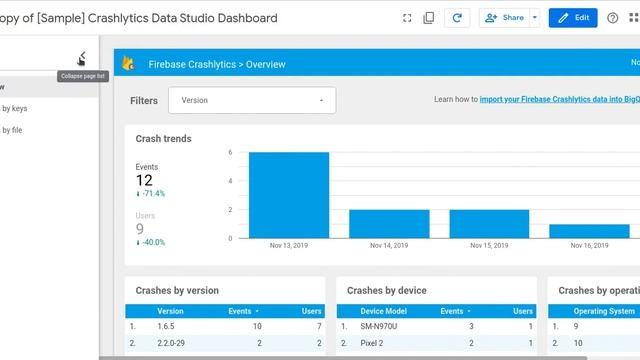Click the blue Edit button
pyautogui.click(x=573, y=18)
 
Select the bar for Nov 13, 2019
pyautogui.click(x=289, y=195)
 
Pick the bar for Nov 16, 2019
pyautogui.click(x=589, y=231)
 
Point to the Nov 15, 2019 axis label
pyautogui.click(x=489, y=245)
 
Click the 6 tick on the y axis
pyautogui.click(x=230, y=153)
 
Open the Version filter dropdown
pyautogui.click(x=252, y=100)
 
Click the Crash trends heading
pyautogui.click(x=163, y=139)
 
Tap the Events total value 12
pyautogui.click(x=144, y=181)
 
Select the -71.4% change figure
pyautogui.click(x=152, y=193)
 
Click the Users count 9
pyautogui.click(x=140, y=230)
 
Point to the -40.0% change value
pyautogui.click(x=152, y=242)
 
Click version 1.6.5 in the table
pyautogui.click(x=167, y=326)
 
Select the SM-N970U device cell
pyautogui.click(x=379, y=326)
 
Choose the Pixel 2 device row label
pyautogui.click(x=372, y=342)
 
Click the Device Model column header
pyautogui.click(x=384, y=311)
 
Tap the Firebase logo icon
pyautogui.click(x=128, y=64)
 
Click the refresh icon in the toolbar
pyautogui.click(x=457, y=18)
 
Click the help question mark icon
pyautogui.click(x=613, y=18)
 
